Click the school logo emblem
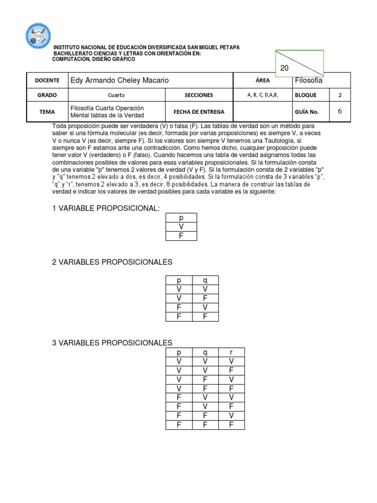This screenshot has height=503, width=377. pyautogui.click(x=38, y=36)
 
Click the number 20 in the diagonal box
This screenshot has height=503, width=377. pyautogui.click(x=284, y=68)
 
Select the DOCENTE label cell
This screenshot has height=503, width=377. pyautogui.click(x=47, y=80)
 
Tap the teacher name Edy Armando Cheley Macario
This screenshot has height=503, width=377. pyautogui.click(x=120, y=80)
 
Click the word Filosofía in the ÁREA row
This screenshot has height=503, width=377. pyautogui.click(x=308, y=80)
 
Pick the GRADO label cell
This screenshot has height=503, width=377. pyautogui.click(x=47, y=95)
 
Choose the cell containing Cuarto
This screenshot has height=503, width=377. pyautogui.click(x=116, y=95)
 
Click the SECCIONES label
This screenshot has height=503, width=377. pyautogui.click(x=199, y=95)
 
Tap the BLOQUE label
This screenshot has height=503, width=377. pyautogui.click(x=306, y=95)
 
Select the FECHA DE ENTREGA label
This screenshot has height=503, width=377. pyautogui.click(x=199, y=112)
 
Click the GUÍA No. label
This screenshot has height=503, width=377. pyautogui.click(x=307, y=112)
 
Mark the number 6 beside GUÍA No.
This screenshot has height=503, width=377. pyautogui.click(x=340, y=112)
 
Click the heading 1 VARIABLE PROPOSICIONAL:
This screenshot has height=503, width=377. pyautogui.click(x=106, y=209)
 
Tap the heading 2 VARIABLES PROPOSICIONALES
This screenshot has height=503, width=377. pyautogui.click(x=112, y=262)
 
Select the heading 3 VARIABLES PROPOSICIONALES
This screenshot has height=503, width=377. pyautogui.click(x=112, y=343)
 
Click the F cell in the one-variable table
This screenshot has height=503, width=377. pyautogui.click(x=181, y=236)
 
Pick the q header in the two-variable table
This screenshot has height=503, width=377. pyautogui.click(x=205, y=280)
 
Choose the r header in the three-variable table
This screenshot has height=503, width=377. pyautogui.click(x=231, y=352)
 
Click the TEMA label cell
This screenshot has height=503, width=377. pyautogui.click(x=47, y=112)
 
